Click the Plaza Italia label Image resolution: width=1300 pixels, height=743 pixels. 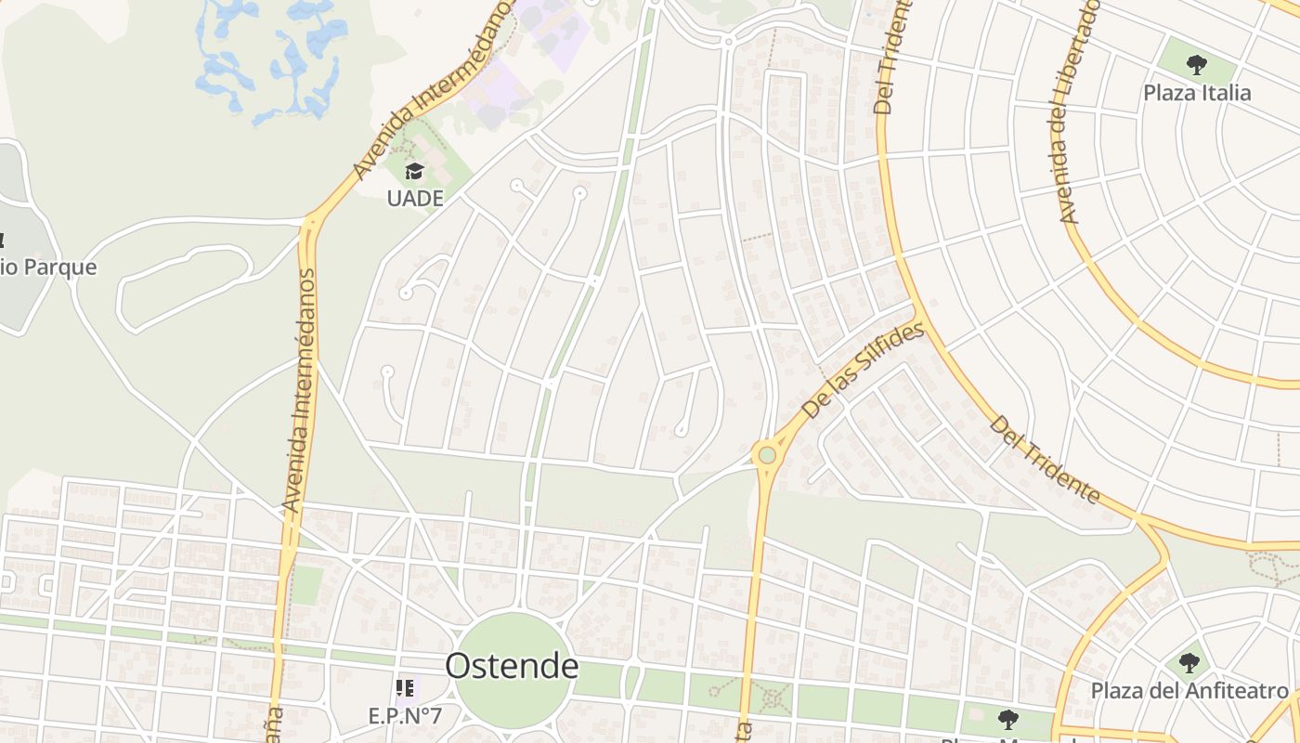tap(1197, 93)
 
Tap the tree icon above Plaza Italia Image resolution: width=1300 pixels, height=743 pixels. tap(1197, 65)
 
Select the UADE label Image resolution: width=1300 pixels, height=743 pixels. tap(415, 198)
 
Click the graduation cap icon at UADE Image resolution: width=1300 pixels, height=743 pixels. tap(414, 172)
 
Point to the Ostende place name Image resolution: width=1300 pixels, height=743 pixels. tap(512, 666)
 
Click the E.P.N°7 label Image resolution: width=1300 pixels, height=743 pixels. tap(405, 716)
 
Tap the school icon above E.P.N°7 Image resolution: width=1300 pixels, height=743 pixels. tap(405, 688)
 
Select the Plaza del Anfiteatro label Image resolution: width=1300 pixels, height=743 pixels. tap(1189, 691)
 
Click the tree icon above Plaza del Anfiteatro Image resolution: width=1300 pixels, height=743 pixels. tap(1189, 663)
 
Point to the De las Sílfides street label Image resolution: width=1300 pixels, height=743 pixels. tap(864, 371)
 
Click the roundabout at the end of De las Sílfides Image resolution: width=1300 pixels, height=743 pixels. tap(766, 455)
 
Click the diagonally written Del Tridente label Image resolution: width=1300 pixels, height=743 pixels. tap(1046, 461)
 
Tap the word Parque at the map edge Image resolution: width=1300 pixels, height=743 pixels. tap(59, 267)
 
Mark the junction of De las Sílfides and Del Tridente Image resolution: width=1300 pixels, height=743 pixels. tap(917, 313)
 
